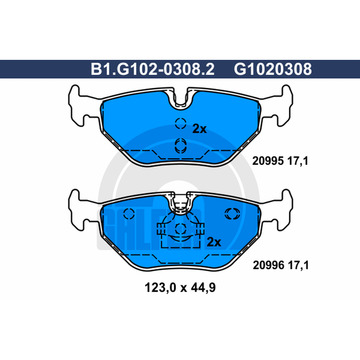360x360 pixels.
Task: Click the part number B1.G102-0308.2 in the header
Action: tap(153, 69)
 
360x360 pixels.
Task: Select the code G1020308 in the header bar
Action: tap(273, 69)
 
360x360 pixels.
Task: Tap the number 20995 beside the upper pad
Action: tap(268, 161)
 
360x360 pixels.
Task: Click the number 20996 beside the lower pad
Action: tap(268, 265)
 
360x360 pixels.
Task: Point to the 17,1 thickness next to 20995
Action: tap(298, 161)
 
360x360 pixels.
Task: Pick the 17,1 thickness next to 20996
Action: tap(298, 265)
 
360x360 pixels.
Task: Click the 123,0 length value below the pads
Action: tap(160, 288)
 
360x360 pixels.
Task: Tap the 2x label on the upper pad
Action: tap(199, 129)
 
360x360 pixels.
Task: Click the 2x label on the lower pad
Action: tap(214, 242)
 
